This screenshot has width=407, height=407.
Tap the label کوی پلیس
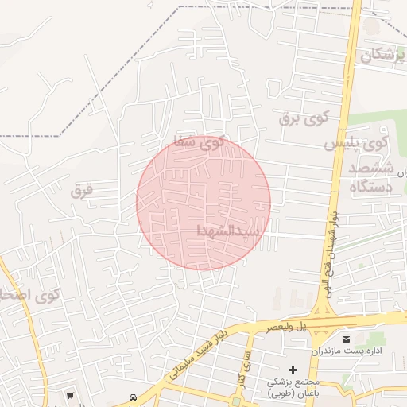click(x=355, y=145)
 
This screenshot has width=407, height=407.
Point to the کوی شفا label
click(x=200, y=142)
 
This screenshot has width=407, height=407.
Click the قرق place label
click(x=82, y=190)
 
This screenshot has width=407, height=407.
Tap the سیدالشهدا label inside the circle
click(x=228, y=231)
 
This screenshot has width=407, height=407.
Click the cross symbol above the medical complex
click(x=293, y=369)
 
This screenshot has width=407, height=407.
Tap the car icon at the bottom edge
click(x=132, y=397)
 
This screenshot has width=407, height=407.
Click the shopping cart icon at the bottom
click(x=71, y=395)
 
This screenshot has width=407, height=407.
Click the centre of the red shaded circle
click(x=203, y=203)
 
